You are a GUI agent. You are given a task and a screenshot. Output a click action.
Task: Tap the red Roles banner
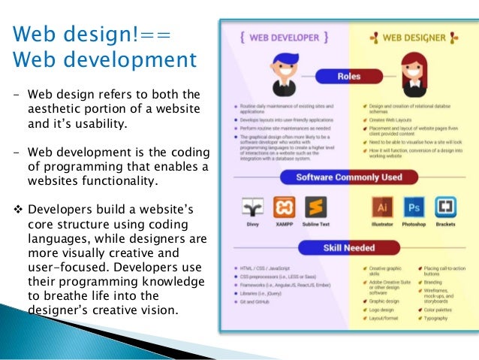click(x=348, y=76)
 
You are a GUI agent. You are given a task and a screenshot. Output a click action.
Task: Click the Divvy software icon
click(x=252, y=207)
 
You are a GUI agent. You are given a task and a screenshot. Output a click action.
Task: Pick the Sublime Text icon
click(x=317, y=207)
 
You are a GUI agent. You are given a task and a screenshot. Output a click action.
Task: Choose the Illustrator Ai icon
click(x=383, y=207)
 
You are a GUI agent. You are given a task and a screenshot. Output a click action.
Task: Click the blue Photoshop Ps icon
click(x=414, y=207)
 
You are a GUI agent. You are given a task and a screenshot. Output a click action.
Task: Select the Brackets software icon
click(x=446, y=207)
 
